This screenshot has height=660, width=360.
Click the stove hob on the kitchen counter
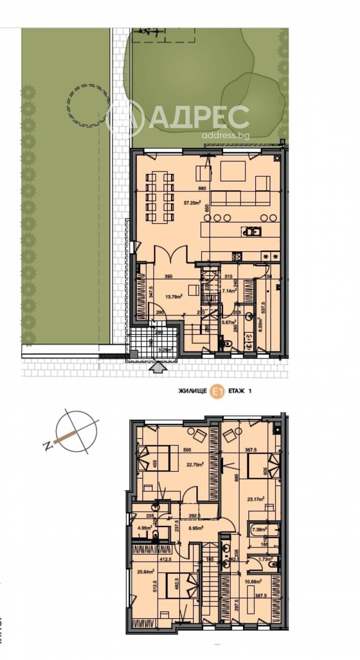[237, 257]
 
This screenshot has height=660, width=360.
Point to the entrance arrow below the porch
[156, 369]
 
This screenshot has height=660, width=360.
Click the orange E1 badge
[218, 392]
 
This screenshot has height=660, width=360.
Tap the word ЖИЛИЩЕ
[193, 392]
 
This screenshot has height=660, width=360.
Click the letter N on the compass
[47, 446]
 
